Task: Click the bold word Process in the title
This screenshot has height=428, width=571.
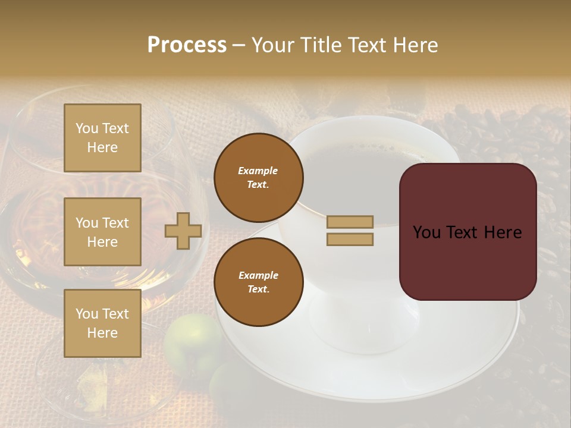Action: tap(187, 45)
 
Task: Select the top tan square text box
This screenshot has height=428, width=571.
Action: tap(102, 138)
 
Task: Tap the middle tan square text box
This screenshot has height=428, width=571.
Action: tap(102, 232)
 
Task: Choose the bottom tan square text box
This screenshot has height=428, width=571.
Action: tap(102, 323)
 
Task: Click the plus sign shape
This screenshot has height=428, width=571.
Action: tap(183, 231)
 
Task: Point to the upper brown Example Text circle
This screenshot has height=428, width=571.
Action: tap(258, 177)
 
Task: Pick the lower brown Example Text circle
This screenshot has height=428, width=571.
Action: tap(258, 282)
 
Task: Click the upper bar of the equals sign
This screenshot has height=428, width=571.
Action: tap(350, 222)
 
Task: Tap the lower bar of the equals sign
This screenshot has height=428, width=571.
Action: tap(350, 239)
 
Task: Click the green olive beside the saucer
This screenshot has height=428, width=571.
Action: tap(192, 339)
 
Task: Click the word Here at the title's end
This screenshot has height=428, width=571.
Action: tap(415, 45)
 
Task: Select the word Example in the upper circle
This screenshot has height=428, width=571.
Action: tap(258, 171)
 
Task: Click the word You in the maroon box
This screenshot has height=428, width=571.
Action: tap(426, 232)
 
